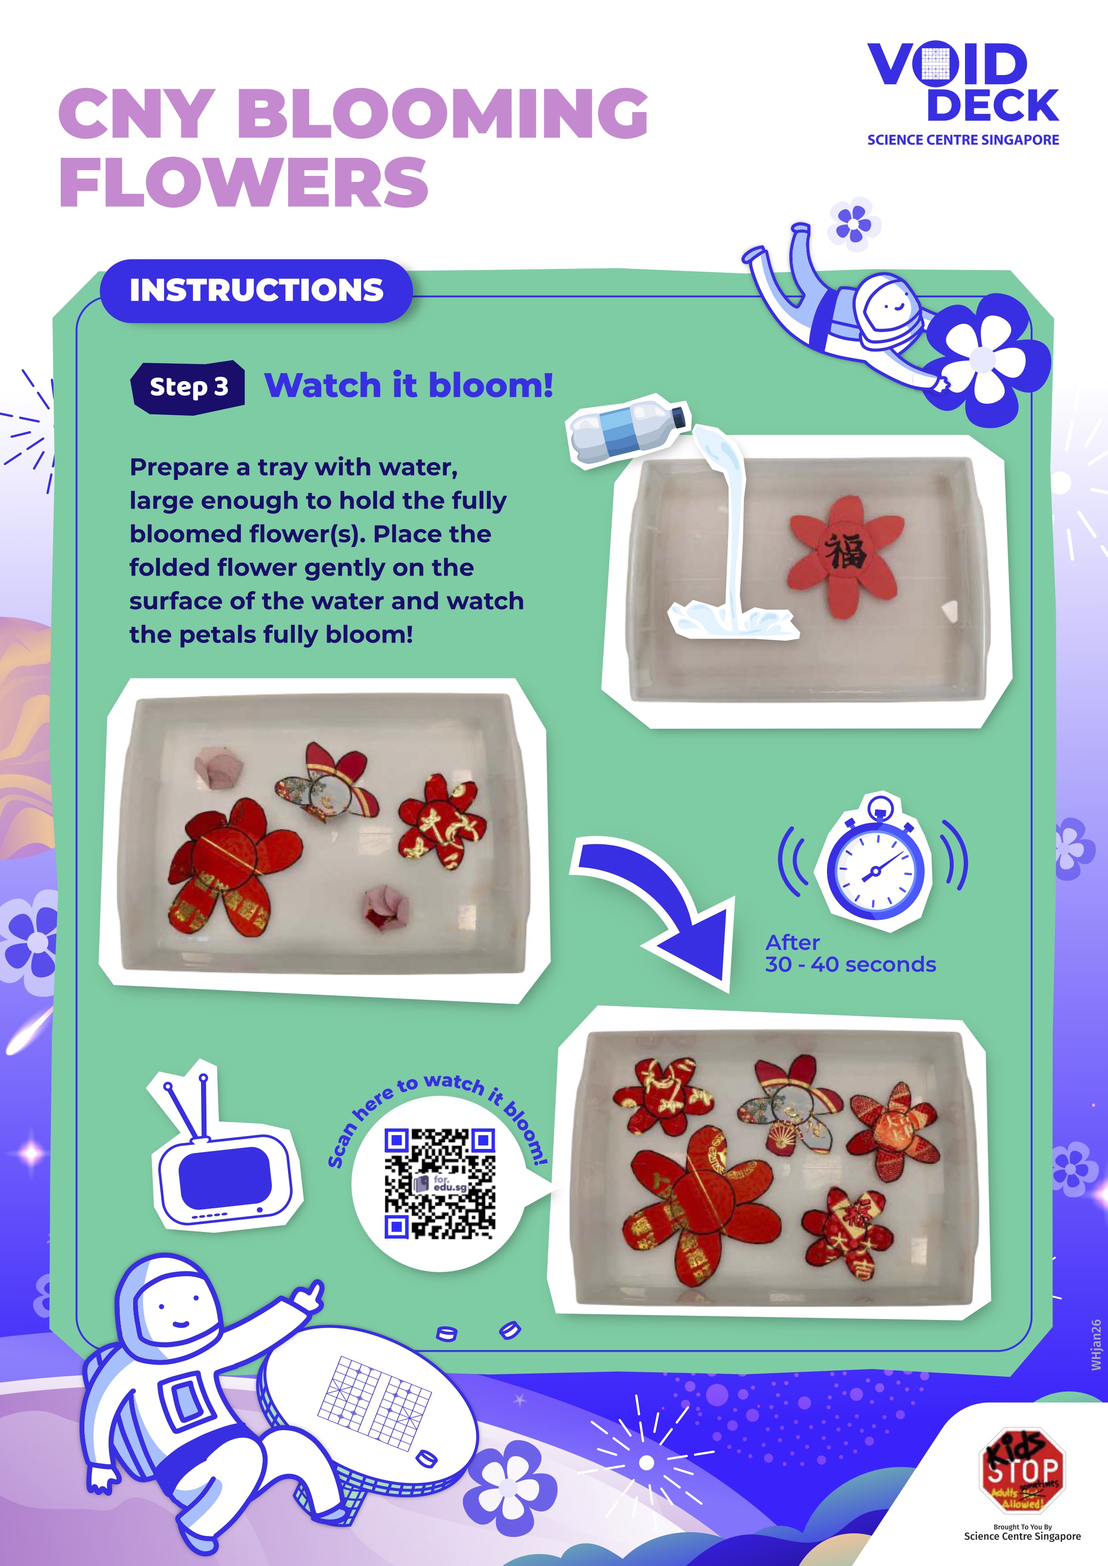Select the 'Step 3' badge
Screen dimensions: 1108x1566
coord(188,387)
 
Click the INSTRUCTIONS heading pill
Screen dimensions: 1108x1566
coord(256,291)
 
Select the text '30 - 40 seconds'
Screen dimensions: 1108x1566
coord(850,965)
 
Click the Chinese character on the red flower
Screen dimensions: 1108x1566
coord(846,552)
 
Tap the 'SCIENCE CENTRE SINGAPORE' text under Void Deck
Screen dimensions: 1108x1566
coord(963,140)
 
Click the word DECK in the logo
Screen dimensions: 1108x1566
coord(993,106)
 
